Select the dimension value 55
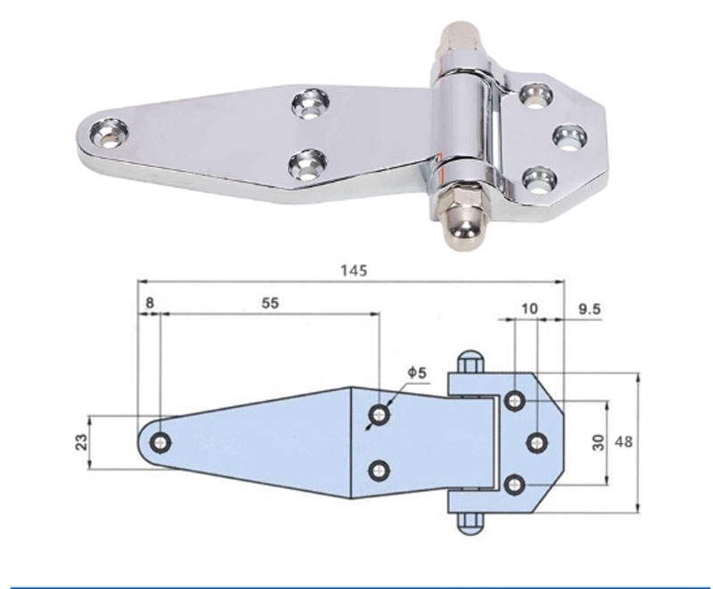pyautogui.click(x=270, y=303)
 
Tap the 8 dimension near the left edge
pyautogui.click(x=149, y=303)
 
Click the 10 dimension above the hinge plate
pyautogui.click(x=529, y=308)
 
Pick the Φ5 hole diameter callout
pyautogui.click(x=417, y=372)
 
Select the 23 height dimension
pyautogui.click(x=81, y=442)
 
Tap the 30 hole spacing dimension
pyautogui.click(x=598, y=442)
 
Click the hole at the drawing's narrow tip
pyautogui.click(x=160, y=442)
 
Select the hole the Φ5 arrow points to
pyautogui.click(x=381, y=413)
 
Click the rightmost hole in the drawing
pyautogui.click(x=537, y=442)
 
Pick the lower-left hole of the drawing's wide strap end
pyautogui.click(x=381, y=470)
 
